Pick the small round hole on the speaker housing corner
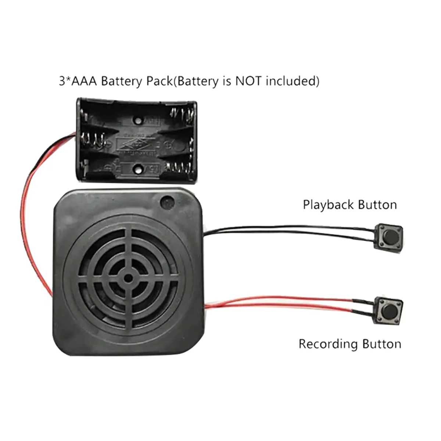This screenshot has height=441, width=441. pos(167,202)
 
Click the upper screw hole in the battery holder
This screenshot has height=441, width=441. pos(138,120)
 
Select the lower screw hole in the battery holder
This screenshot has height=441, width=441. pos(138,169)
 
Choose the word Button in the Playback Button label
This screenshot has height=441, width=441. pos(377,205)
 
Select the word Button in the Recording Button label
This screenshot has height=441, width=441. pos(381,344)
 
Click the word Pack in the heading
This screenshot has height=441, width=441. pos(159,81)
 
